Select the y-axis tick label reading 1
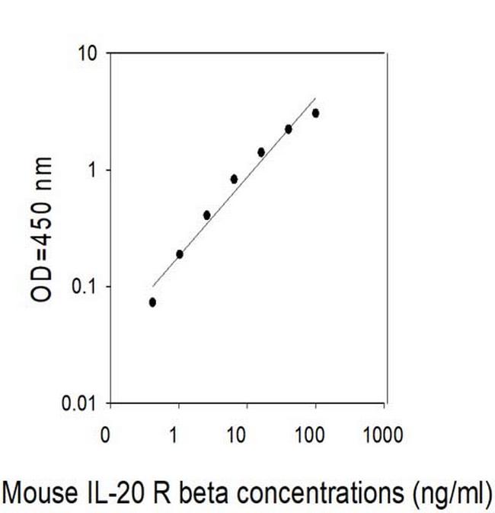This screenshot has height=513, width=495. [x=94, y=170]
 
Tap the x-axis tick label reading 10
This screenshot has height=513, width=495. [x=237, y=435]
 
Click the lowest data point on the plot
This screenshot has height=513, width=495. [x=152, y=302]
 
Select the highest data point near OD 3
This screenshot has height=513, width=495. [x=315, y=113]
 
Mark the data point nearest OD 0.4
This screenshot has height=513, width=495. [x=207, y=215]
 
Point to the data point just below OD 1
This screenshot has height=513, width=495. [x=234, y=179]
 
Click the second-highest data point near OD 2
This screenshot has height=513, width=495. [x=289, y=129]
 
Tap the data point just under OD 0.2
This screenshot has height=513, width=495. [x=180, y=254]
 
